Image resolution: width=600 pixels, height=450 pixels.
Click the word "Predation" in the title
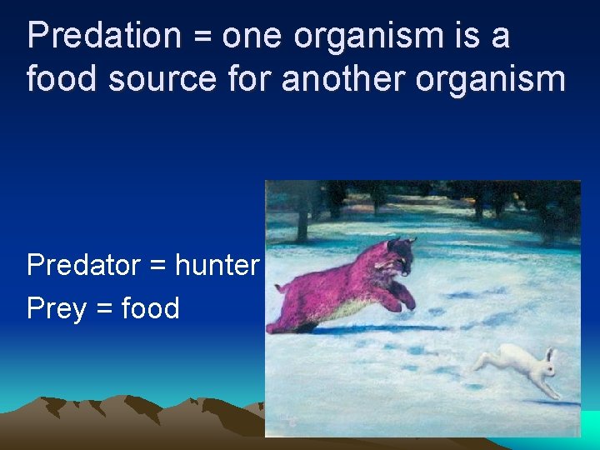pyautogui.click(x=103, y=36)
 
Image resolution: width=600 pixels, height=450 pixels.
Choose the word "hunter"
pyautogui.click(x=217, y=265)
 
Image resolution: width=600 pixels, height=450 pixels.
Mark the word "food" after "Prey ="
pyautogui.click(x=151, y=308)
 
